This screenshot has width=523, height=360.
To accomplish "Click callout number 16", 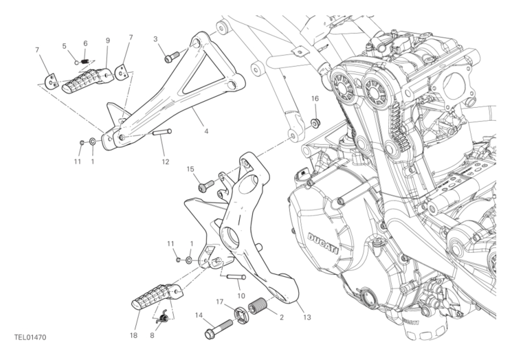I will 315,99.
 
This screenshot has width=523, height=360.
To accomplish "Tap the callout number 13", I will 307,317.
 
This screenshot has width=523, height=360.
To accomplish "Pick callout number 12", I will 165,162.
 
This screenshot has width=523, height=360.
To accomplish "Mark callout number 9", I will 108,41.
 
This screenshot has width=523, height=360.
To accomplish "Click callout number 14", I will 199,316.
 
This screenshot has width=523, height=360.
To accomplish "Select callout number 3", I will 156,39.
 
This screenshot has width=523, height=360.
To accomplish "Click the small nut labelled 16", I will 315,123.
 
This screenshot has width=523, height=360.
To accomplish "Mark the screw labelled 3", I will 170,57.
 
